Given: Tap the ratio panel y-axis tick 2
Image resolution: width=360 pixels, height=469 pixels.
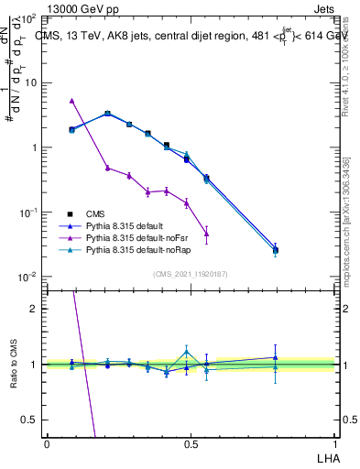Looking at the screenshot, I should coord(34,309).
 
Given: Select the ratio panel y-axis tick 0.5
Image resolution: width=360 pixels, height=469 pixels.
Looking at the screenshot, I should coord(30,420).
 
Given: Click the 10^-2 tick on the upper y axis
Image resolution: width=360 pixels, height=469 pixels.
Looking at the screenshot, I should coord(27,277).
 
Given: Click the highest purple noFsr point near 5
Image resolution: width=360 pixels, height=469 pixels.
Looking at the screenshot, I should coord(72,100).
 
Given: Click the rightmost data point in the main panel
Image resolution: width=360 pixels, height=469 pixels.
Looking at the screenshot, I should coord(276,249).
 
